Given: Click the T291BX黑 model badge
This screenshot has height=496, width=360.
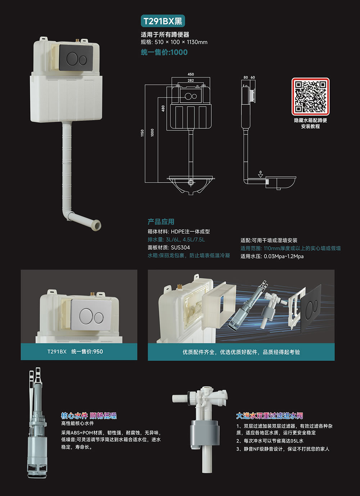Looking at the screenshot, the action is [163, 21].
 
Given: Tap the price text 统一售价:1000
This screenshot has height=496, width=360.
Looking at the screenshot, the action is [164, 52].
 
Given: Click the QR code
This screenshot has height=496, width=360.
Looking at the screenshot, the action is [310, 96].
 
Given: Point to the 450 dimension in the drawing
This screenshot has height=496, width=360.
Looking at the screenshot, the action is [191, 74].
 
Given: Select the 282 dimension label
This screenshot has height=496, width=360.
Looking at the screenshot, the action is [191, 80].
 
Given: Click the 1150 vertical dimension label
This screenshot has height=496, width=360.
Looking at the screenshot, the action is [142, 133].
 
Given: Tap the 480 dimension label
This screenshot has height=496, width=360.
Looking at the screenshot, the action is [163, 108].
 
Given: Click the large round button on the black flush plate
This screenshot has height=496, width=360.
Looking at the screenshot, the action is [72, 59].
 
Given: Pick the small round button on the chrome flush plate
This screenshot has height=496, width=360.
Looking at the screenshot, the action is [99, 318].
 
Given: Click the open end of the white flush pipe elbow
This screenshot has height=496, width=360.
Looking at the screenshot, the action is [97, 225].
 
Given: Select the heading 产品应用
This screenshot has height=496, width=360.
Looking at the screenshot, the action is [161, 222].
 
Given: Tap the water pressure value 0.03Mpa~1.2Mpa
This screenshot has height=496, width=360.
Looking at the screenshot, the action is [284, 256].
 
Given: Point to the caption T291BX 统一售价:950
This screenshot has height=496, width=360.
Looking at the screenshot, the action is [75, 352].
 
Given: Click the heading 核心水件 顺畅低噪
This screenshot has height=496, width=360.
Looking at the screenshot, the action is [89, 416].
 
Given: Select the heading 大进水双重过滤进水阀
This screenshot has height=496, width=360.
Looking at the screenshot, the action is [270, 416].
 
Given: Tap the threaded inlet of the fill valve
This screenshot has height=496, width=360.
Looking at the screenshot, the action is [180, 399].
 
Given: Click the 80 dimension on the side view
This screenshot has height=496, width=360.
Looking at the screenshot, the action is [246, 77].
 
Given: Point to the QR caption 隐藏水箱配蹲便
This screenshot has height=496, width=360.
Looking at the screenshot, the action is [310, 120].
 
